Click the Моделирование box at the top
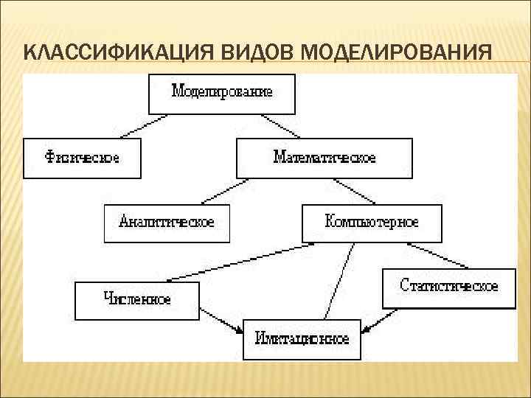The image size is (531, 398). [222, 93]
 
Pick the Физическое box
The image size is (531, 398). [82, 158]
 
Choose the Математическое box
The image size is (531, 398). [324, 158]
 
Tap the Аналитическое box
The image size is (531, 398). [167, 223]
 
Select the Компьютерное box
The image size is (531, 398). [372, 223]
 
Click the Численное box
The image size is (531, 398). [137, 300]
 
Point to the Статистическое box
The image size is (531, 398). [448, 286]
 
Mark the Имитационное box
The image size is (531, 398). [302, 339]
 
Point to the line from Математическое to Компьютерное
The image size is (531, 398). [355, 191]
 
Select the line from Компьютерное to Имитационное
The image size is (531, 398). [337, 281]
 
